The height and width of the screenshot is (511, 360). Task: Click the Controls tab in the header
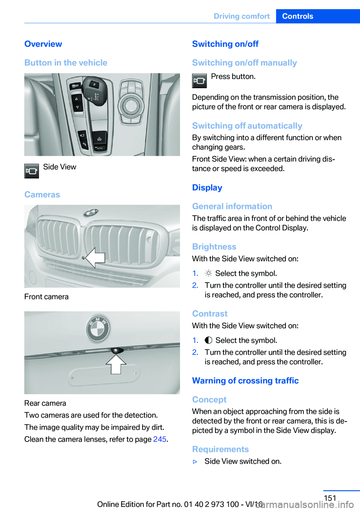click(297, 16)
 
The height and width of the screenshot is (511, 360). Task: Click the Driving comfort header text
click(241, 16)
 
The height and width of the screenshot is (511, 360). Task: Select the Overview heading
click(43, 44)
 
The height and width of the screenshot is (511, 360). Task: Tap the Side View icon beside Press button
click(199, 81)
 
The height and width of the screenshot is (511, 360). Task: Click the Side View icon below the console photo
click(31, 171)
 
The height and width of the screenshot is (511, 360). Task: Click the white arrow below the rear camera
click(116, 364)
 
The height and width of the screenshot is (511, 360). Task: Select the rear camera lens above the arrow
click(116, 350)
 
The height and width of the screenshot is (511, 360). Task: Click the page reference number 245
click(159, 439)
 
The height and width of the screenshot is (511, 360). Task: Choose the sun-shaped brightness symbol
click(208, 273)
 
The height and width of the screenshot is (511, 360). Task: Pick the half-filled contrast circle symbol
click(208, 340)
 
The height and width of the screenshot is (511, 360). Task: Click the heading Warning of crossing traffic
click(245, 380)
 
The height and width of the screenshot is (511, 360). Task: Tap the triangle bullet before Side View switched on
click(195, 461)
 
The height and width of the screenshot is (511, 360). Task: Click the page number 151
click(330, 498)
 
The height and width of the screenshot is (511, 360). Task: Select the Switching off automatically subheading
click(247, 126)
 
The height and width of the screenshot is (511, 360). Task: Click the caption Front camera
click(46, 297)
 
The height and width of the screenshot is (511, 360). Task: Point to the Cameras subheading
click(42, 194)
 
